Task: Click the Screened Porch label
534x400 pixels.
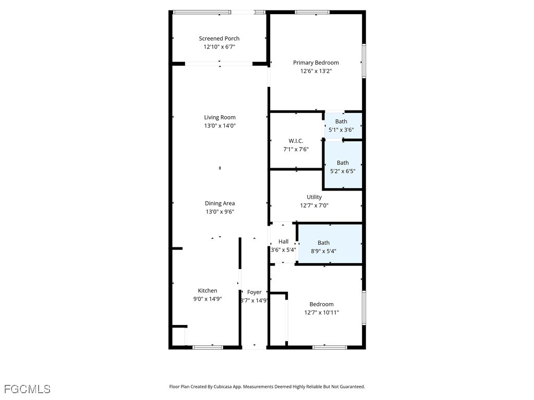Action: (x=219, y=39)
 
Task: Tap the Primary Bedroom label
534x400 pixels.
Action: (x=315, y=63)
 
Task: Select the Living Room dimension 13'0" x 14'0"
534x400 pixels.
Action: (x=220, y=126)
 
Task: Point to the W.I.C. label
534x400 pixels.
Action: (x=296, y=141)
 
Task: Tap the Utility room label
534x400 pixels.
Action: (x=314, y=197)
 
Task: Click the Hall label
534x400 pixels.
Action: (x=283, y=242)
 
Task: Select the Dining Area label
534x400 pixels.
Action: (x=220, y=204)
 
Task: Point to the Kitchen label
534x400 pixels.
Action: (x=208, y=291)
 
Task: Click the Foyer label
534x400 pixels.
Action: (x=254, y=292)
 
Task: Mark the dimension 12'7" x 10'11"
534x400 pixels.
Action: (x=321, y=312)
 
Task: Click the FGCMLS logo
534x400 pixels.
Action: (x=27, y=389)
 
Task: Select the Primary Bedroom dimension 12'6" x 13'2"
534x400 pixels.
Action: (x=315, y=71)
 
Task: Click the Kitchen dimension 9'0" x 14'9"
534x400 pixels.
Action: (x=208, y=299)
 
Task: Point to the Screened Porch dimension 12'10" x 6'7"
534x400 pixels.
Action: (x=219, y=47)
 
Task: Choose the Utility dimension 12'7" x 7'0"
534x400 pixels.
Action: (x=314, y=205)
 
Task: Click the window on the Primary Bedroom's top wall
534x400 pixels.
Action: (x=312, y=12)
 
